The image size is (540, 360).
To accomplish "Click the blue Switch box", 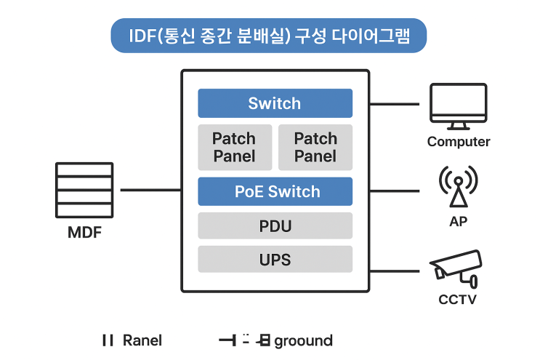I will pyautogui.click(x=275, y=103).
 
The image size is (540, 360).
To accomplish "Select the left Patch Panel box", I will pyautogui.click(x=234, y=147).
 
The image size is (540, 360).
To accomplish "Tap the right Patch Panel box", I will pyautogui.click(x=315, y=147).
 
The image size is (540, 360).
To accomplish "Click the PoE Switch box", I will pyautogui.click(x=275, y=191).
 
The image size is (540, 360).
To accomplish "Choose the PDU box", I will pyautogui.click(x=275, y=225).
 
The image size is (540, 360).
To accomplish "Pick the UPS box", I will pyautogui.click(x=275, y=259).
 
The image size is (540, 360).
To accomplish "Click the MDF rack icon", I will pyautogui.click(x=84, y=189).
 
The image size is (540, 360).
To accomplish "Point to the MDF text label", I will pyautogui.click(x=84, y=235).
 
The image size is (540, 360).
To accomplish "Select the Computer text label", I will pyautogui.click(x=458, y=142).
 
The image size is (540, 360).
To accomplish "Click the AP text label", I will pyautogui.click(x=458, y=221).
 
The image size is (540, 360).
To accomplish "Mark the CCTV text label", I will pyautogui.click(x=458, y=299).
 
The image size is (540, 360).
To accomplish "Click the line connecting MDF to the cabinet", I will pyautogui.click(x=150, y=190).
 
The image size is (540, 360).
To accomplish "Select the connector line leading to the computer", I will pyautogui.click(x=395, y=104).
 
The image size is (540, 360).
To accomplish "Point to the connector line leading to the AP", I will pyautogui.click(x=395, y=191).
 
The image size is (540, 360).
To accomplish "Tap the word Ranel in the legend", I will pyautogui.click(x=142, y=340).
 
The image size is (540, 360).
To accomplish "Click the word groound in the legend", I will pyautogui.click(x=303, y=340).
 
